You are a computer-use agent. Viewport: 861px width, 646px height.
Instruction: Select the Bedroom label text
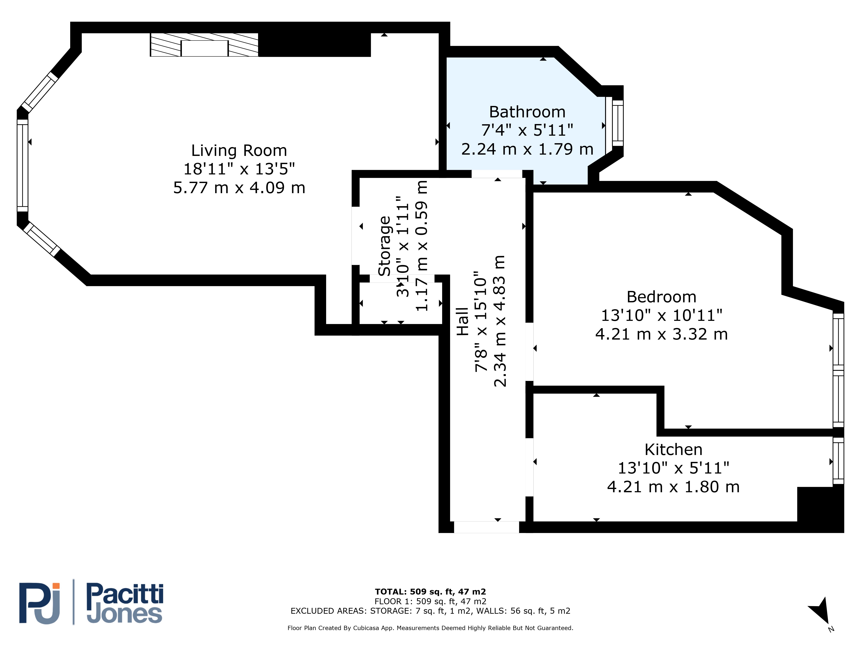pos(661,297)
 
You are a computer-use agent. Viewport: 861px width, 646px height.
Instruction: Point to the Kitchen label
pos(673,450)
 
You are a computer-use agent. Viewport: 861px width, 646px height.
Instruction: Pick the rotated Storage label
pos(385,246)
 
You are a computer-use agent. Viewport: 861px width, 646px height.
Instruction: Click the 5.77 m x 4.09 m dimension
pos(239,188)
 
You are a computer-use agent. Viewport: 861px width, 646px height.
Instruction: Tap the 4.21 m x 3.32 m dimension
pos(661,334)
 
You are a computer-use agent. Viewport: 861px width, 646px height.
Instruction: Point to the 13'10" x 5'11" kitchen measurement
pos(673,468)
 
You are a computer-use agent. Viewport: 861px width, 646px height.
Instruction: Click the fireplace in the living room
pos(204,45)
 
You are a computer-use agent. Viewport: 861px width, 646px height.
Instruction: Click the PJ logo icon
pos(40,603)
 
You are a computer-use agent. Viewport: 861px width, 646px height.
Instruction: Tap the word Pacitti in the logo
pos(125,594)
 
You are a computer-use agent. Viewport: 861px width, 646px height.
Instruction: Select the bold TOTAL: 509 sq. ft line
pos(430,592)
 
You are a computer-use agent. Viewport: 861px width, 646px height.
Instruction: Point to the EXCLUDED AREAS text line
pos(430,611)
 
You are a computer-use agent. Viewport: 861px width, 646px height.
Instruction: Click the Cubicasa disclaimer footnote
pos(430,628)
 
